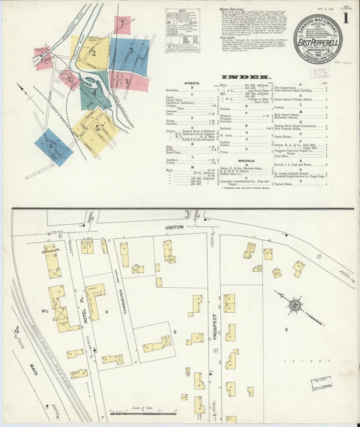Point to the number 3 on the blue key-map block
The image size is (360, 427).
(x=131, y=51)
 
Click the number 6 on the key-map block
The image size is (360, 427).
(x=51, y=145)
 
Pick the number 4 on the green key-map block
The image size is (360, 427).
(x=95, y=93)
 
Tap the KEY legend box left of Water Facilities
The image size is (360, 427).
(x=182, y=30)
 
